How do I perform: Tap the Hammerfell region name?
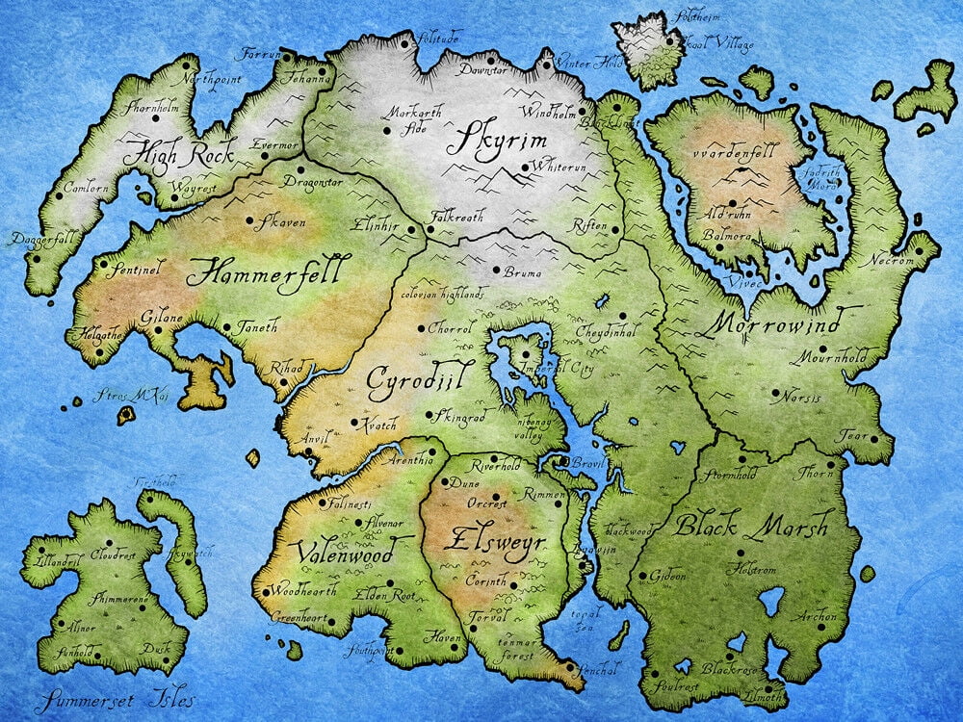tap(263, 271)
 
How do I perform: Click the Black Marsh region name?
tap(750, 526)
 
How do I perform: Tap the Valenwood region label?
tap(344, 555)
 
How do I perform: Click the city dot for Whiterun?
tap(524, 168)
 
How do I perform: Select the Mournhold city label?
tap(830, 358)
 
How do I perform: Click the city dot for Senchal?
tap(570, 666)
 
